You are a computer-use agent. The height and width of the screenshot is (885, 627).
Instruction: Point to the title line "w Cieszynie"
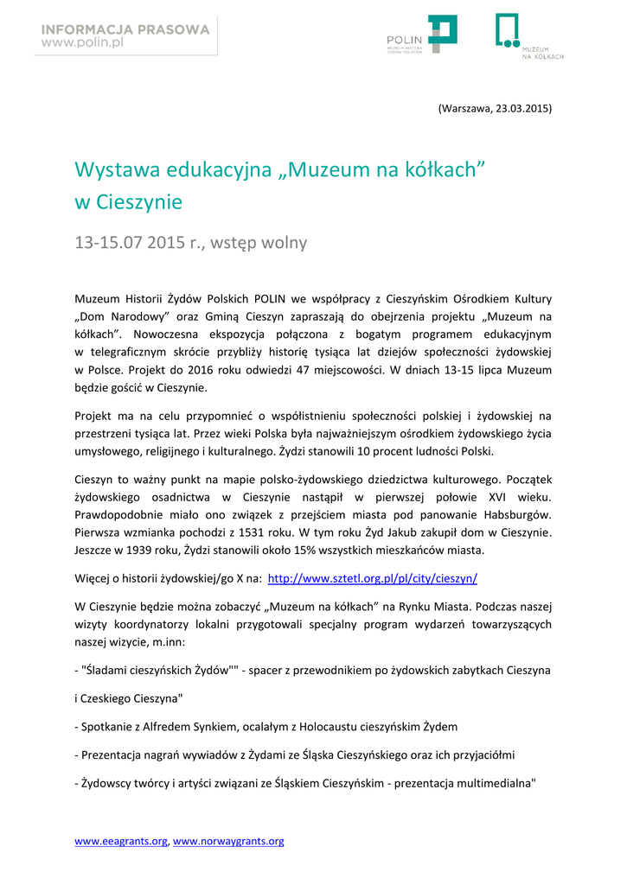[129, 202]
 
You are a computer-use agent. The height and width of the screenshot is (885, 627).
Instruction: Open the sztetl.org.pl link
[373, 578]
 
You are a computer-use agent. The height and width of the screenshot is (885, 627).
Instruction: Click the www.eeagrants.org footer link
[121, 841]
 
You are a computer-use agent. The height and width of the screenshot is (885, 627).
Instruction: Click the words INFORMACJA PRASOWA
[125, 29]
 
